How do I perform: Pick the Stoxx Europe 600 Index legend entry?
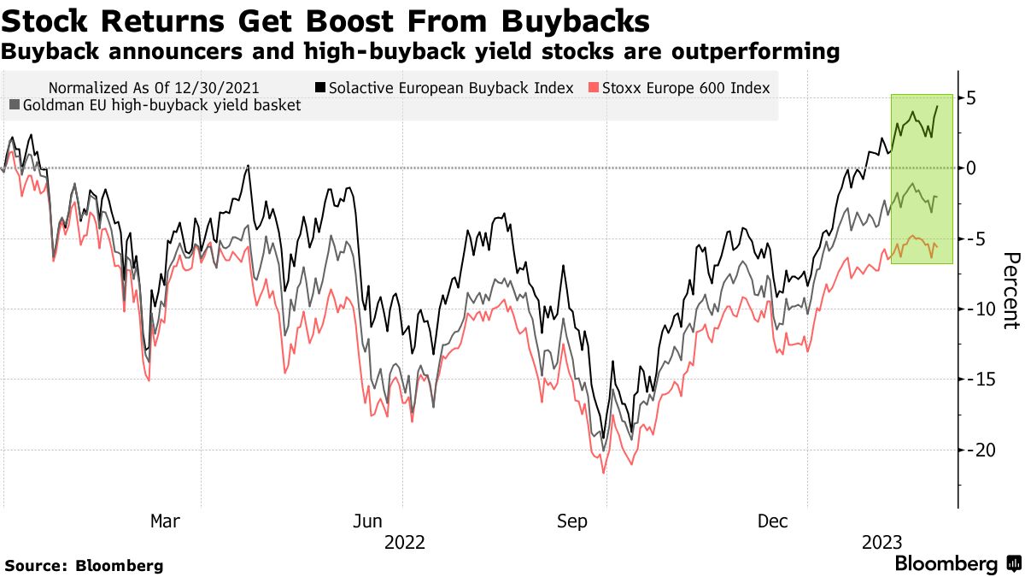pyautogui.click(x=686, y=87)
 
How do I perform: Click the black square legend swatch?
pyautogui.click(x=320, y=87)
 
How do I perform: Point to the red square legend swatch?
pyautogui.click(x=594, y=87)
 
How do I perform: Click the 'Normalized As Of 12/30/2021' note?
pyautogui.click(x=155, y=87)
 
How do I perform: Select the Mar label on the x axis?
pyautogui.click(x=165, y=521)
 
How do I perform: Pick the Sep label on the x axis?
pyautogui.click(x=571, y=521)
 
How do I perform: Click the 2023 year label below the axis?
pyautogui.click(x=881, y=542)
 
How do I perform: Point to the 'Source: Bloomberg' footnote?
pyautogui.click(x=84, y=565)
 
